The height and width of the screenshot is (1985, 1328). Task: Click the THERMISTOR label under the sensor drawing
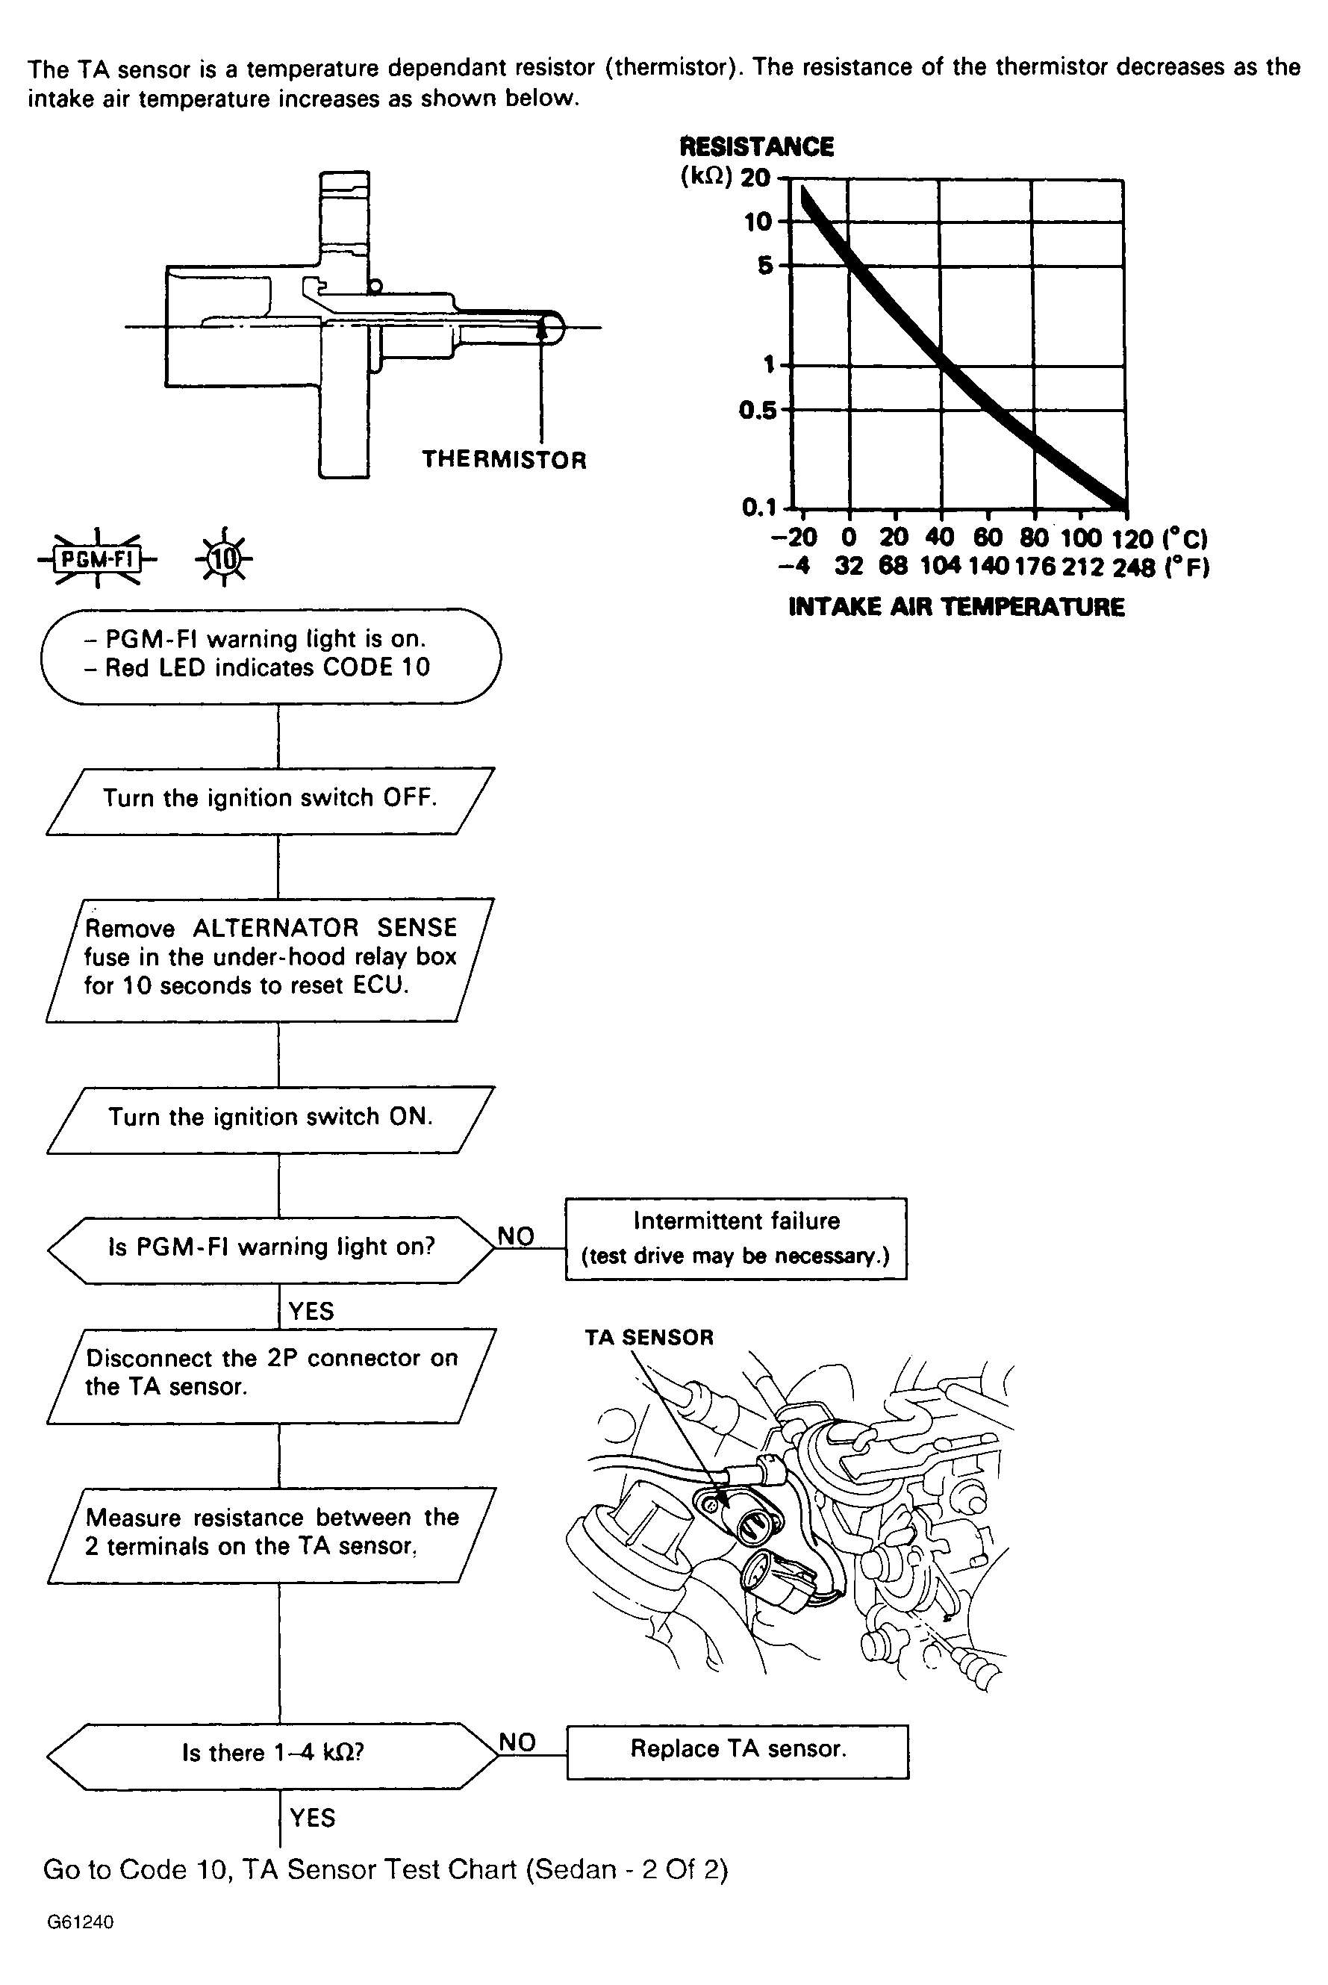[504, 460]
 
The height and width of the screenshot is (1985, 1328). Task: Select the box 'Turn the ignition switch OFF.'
[270, 800]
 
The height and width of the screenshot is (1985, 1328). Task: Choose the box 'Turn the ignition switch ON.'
[270, 1119]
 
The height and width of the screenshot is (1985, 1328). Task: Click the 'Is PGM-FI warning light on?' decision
[271, 1248]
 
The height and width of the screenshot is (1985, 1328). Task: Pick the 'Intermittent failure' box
[735, 1237]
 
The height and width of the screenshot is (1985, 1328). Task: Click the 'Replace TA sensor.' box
[738, 1751]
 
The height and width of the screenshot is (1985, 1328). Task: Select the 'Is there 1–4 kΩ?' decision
[272, 1754]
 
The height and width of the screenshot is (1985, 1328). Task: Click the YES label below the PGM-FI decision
[311, 1312]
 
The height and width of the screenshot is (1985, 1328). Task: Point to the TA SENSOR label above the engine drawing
[649, 1337]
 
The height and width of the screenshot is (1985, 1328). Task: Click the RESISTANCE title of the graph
[756, 147]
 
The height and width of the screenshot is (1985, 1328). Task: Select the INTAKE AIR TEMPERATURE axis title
[956, 607]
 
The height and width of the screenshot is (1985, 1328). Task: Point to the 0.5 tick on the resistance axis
[756, 411]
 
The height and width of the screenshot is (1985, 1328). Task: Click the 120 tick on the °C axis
[1132, 538]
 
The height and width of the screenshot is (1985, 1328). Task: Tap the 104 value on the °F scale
[940, 567]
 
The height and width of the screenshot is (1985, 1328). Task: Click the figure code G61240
[80, 1922]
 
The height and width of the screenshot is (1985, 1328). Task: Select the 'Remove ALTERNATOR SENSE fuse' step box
[270, 959]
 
